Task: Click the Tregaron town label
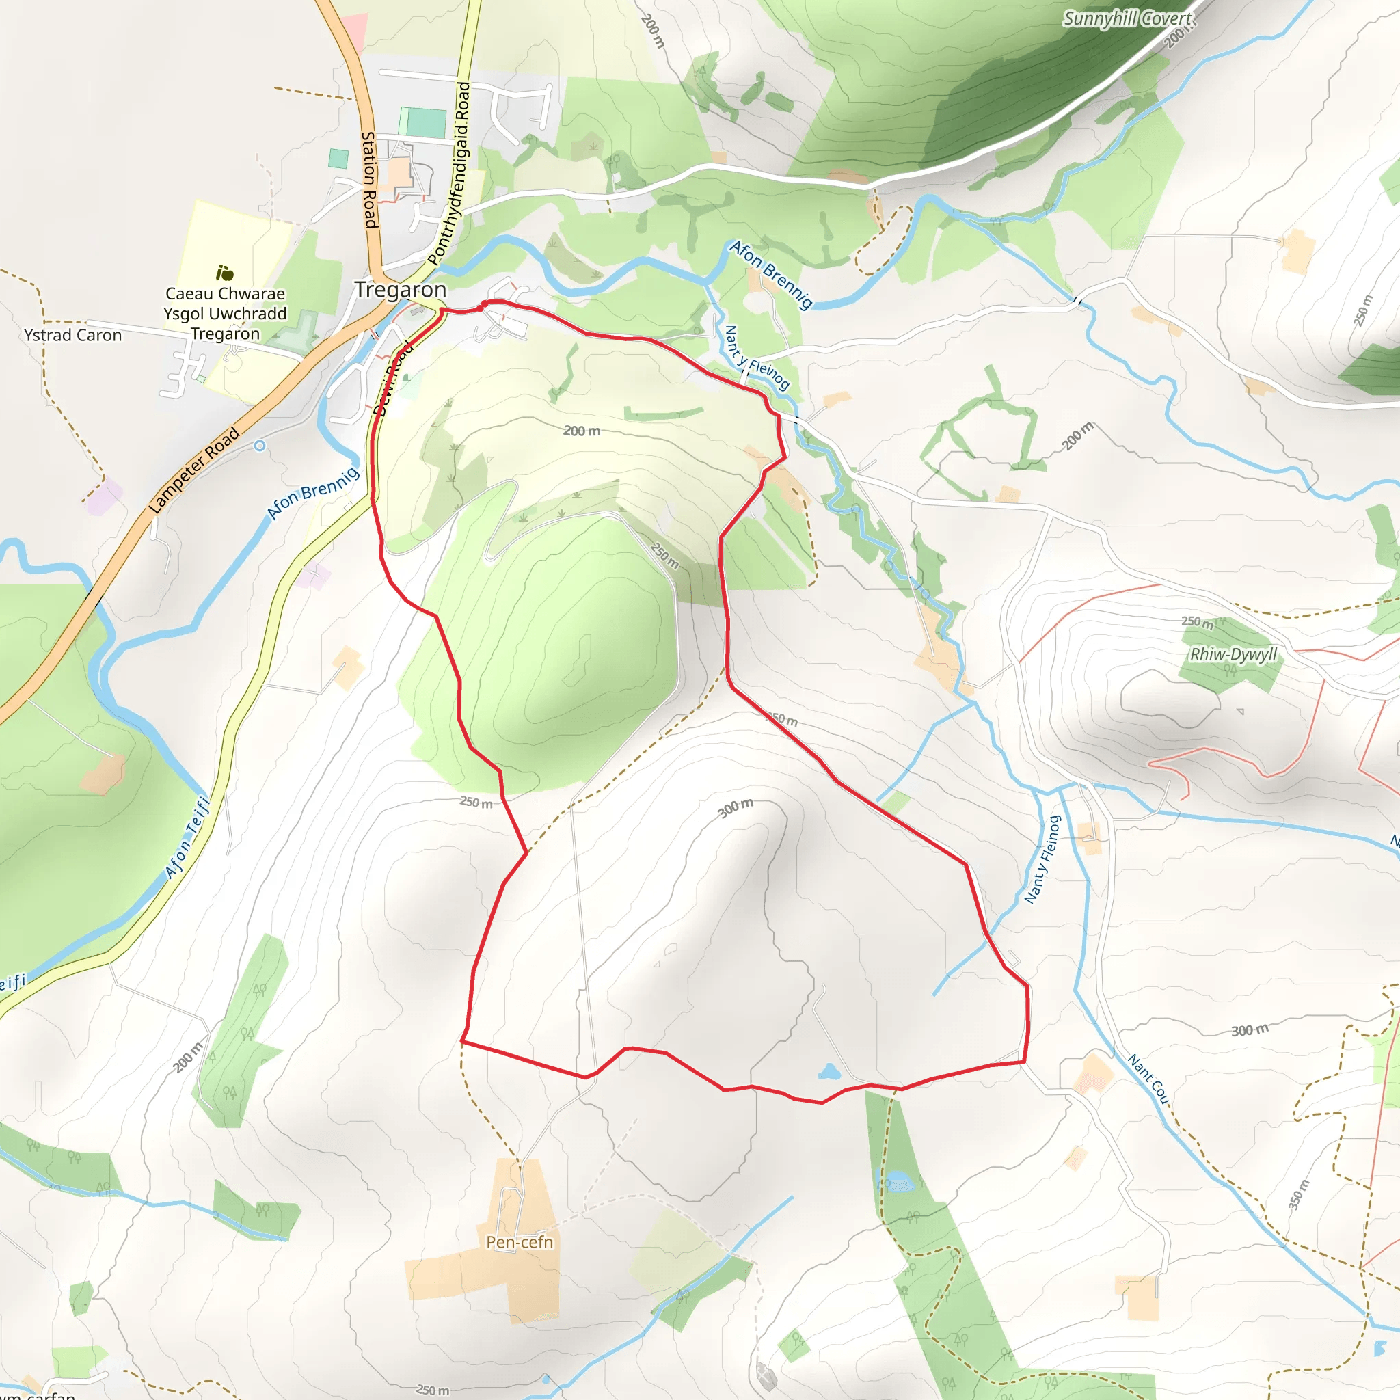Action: tap(400, 290)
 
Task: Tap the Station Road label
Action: tap(370, 180)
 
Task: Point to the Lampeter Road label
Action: tap(193, 470)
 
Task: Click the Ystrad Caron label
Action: tap(72, 335)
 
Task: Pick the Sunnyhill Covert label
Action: tap(1127, 20)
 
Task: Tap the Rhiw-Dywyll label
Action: tap(1233, 654)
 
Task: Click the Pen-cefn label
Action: tap(520, 1242)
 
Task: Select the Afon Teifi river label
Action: tap(187, 837)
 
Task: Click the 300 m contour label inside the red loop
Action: tap(736, 807)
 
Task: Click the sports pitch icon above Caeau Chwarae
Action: tap(225, 273)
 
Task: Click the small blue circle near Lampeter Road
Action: tap(259, 446)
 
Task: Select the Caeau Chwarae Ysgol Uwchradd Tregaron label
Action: tap(226, 313)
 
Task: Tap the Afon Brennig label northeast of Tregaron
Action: tap(771, 275)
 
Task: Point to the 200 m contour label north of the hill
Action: tap(582, 431)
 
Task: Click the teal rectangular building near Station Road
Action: tap(425, 123)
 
